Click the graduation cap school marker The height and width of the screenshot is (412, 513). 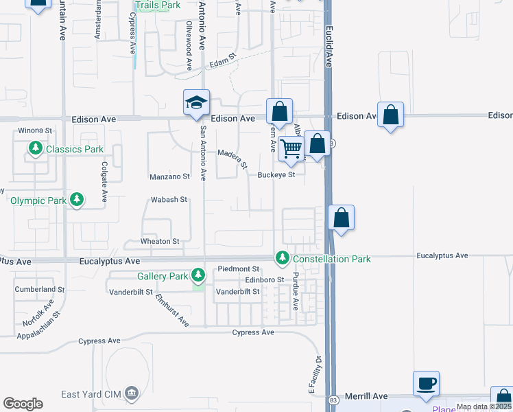click(196, 103)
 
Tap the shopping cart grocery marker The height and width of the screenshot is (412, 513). click(291, 148)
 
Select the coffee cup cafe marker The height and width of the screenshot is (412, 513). click(426, 385)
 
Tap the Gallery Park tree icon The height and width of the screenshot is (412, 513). click(198, 276)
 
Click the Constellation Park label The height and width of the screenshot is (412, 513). click(331, 259)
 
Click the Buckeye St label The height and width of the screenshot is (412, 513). click(276, 174)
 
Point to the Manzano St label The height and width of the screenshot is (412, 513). click(169, 176)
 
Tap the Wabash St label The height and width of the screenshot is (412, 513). click(169, 200)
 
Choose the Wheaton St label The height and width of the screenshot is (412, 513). click(160, 242)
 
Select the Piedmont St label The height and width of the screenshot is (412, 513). click(239, 268)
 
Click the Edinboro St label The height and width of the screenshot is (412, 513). click(264, 280)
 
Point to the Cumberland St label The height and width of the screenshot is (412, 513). click(40, 290)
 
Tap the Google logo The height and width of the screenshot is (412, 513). click(23, 404)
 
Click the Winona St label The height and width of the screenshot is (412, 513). click(35, 130)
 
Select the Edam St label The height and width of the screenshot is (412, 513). click(222, 62)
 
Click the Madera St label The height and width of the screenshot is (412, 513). click(232, 158)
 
